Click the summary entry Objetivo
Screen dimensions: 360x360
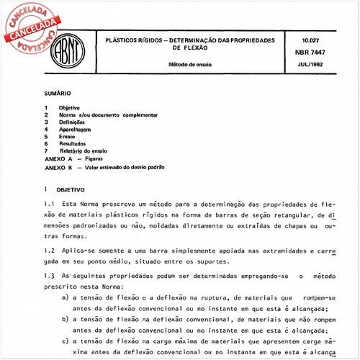pos(70,107)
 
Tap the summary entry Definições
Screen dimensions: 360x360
pos(74,122)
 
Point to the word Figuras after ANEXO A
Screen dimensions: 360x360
pos(98,158)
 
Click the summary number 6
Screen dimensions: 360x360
pos(45,143)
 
